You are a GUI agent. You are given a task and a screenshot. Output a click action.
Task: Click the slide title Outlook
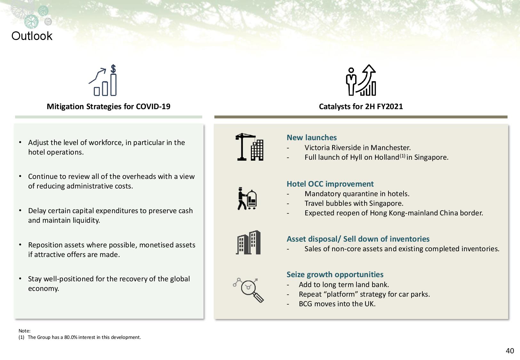tap(32, 36)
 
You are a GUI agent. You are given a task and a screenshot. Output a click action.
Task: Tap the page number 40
tap(510, 351)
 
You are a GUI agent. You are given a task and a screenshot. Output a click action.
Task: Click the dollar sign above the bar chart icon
tap(113, 69)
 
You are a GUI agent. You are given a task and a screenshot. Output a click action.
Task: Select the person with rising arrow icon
tap(361, 80)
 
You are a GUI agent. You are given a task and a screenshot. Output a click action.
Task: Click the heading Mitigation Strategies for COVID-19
tap(108, 107)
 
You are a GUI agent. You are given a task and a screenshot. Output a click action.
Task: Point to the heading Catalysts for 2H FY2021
tap(361, 107)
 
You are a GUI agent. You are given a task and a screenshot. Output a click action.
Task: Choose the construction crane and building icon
tap(249, 147)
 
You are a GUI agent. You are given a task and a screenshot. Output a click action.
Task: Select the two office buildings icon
tap(248, 242)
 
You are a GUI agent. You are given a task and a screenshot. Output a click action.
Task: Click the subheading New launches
tap(312, 137)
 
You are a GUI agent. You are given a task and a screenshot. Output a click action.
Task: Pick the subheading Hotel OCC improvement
tap(330, 184)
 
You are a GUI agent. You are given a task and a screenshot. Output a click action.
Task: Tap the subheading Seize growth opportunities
tap(335, 275)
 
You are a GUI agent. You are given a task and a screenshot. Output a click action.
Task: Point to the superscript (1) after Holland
tap(403, 156)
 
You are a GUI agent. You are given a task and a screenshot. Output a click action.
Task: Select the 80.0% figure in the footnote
tap(71, 337)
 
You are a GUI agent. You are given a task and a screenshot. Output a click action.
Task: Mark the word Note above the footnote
tap(24, 331)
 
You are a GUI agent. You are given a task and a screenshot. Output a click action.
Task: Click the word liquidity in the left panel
tap(86, 220)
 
